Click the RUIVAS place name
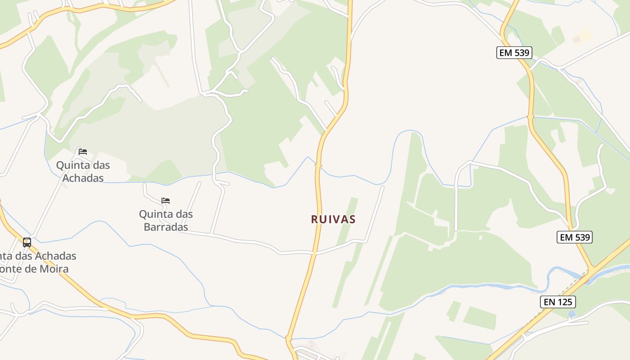[x=333, y=219]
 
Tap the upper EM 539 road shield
[x=514, y=53]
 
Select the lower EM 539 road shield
[x=575, y=237]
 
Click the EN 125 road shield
[x=558, y=302]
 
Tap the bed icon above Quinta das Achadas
[x=83, y=152]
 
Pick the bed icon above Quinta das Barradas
[x=166, y=201]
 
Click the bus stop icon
[x=27, y=243]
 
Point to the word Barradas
[x=166, y=227]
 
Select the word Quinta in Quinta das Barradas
[x=154, y=214]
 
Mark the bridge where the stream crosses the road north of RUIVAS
[x=319, y=166]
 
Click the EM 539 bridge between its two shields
[x=531, y=117]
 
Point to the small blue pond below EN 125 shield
[x=571, y=313]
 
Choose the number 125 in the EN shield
[x=565, y=302]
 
